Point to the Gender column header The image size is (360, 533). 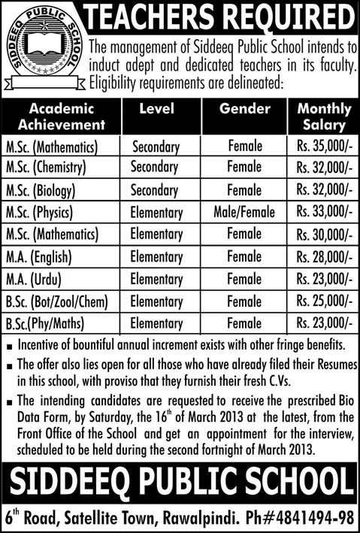[244, 109]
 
